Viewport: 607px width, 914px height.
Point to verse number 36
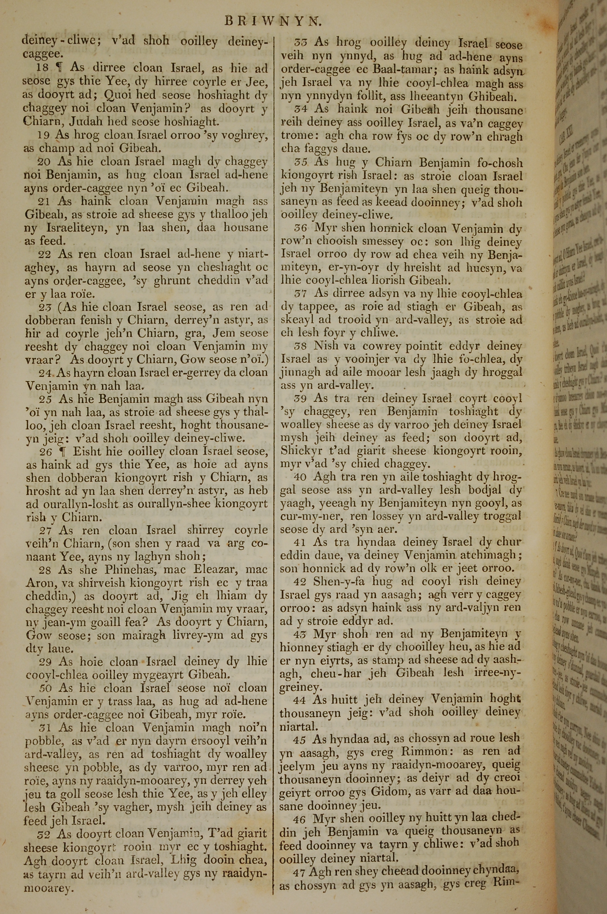click(301, 228)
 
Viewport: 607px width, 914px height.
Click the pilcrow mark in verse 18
click(59, 68)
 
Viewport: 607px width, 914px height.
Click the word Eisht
click(88, 452)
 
